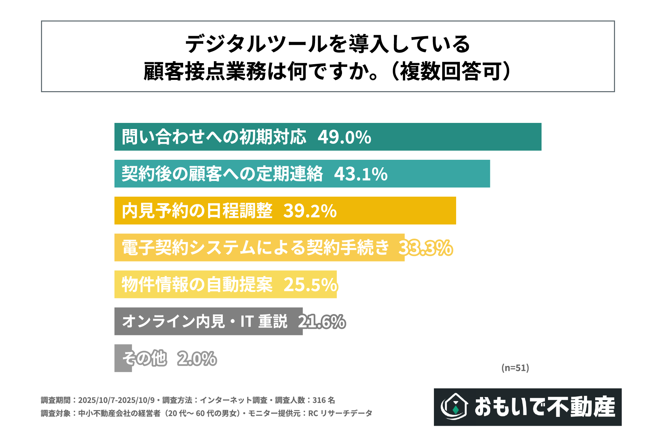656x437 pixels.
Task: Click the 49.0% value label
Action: tap(344, 137)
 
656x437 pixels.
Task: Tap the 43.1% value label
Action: tap(361, 174)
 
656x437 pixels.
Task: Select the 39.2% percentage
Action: tap(310, 211)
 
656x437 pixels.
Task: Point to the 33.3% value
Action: tap(426, 248)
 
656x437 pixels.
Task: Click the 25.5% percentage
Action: tap(311, 284)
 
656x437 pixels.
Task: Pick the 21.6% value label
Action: tap(322, 322)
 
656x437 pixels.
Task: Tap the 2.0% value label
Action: tap(197, 358)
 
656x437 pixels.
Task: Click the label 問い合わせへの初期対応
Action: tap(214, 137)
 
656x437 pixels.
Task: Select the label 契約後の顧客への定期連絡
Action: tap(222, 174)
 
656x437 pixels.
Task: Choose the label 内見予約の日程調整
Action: tap(197, 211)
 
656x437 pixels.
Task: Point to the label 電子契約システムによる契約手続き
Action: tap(256, 248)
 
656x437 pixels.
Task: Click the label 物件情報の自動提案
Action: tap(197, 284)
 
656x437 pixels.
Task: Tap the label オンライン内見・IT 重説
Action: tap(205, 322)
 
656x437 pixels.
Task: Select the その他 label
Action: tap(145, 358)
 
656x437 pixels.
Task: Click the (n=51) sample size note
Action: tap(515, 368)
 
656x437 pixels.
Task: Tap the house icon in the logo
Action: tap(455, 407)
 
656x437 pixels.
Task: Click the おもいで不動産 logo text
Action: tap(545, 407)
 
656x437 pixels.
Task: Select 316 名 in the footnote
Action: tap(324, 400)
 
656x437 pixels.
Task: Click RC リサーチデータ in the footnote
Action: tap(340, 413)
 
